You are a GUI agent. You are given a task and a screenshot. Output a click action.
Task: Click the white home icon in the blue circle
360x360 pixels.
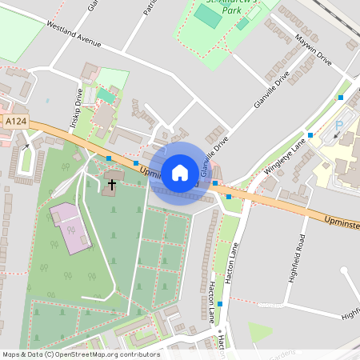point(180,173)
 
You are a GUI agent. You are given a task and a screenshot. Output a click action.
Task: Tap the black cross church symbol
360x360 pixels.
point(111,186)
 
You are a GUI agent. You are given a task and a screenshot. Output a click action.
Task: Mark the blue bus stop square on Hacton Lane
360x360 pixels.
point(220,305)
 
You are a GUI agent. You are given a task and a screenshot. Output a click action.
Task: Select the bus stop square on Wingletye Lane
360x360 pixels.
point(310,134)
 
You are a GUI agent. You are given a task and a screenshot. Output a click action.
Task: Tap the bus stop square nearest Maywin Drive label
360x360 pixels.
point(341,97)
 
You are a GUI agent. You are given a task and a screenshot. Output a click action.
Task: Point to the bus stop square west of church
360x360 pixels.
point(109,159)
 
